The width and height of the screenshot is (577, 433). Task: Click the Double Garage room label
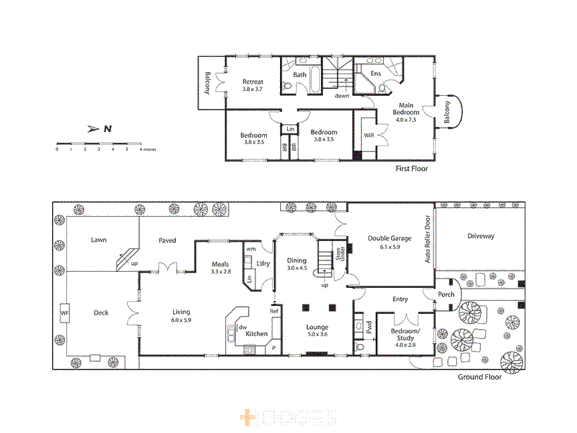pos(389,238)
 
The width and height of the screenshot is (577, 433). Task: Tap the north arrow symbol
pos(93,129)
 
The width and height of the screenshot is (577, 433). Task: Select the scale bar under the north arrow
pos(99,144)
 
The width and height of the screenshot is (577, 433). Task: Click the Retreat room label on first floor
pos(253,81)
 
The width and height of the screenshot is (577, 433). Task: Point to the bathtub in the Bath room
pos(315,79)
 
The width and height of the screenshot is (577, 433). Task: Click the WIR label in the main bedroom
pos(369,135)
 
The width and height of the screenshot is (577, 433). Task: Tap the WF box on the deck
pos(65,313)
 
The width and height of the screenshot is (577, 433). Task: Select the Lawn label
pos(99,240)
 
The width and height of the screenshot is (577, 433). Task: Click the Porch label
pos(446,294)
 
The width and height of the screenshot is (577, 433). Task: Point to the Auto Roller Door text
pos(427,239)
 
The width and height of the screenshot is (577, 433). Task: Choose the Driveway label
pos(481,236)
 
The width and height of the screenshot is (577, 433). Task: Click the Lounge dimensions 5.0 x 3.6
pos(317,334)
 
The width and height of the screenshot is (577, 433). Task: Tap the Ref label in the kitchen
pos(274,311)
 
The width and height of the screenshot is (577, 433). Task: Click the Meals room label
pos(220,264)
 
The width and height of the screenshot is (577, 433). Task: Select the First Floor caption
pos(412,168)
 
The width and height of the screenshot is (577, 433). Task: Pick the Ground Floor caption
pos(480,377)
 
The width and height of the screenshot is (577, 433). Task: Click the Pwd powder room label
pos(369,327)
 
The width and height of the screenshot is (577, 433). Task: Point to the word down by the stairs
pos(342,96)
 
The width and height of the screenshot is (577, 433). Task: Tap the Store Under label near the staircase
pos(340,254)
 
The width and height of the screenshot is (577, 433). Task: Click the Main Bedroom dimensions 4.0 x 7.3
pos(406,119)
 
